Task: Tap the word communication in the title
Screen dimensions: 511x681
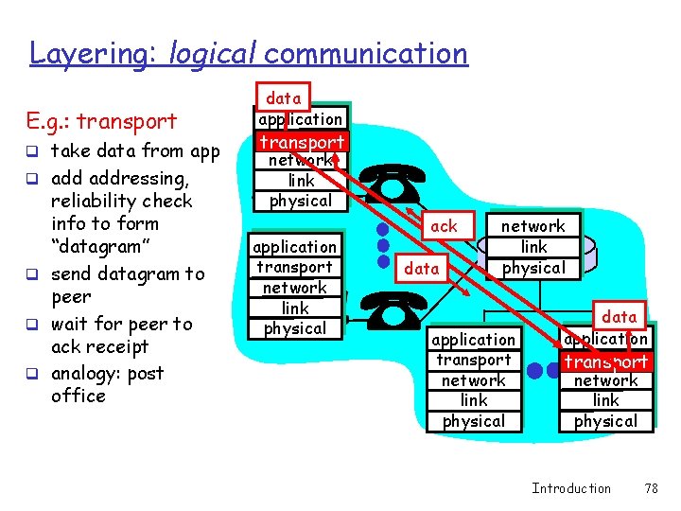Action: (x=366, y=54)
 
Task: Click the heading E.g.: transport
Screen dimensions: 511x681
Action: (x=103, y=121)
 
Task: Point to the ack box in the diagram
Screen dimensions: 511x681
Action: (x=444, y=225)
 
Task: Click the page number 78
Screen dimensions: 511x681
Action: (x=651, y=488)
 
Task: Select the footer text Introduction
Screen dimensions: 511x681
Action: (x=571, y=488)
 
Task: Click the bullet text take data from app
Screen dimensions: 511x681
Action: (x=134, y=151)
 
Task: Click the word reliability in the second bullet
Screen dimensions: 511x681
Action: (x=121, y=201)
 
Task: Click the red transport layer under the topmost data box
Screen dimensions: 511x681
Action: (x=302, y=142)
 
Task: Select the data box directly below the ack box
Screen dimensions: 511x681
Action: (x=422, y=269)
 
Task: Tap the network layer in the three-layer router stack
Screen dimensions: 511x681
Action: (x=533, y=226)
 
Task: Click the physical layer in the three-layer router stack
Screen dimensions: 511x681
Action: (x=533, y=268)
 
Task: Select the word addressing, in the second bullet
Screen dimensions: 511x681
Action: (x=120, y=178)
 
